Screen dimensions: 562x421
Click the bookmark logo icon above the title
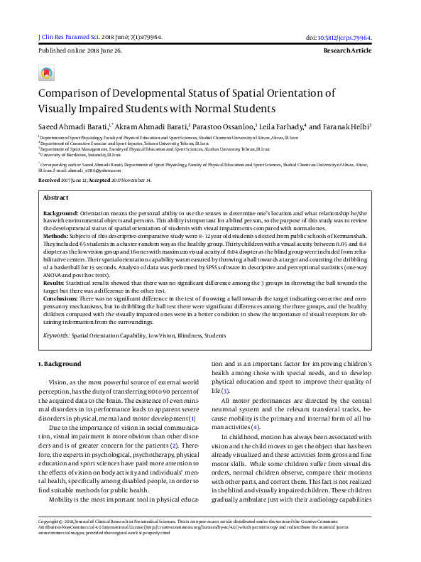tap(46, 73)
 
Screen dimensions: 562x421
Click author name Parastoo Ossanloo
tap(231, 126)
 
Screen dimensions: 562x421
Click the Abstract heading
tap(56, 197)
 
